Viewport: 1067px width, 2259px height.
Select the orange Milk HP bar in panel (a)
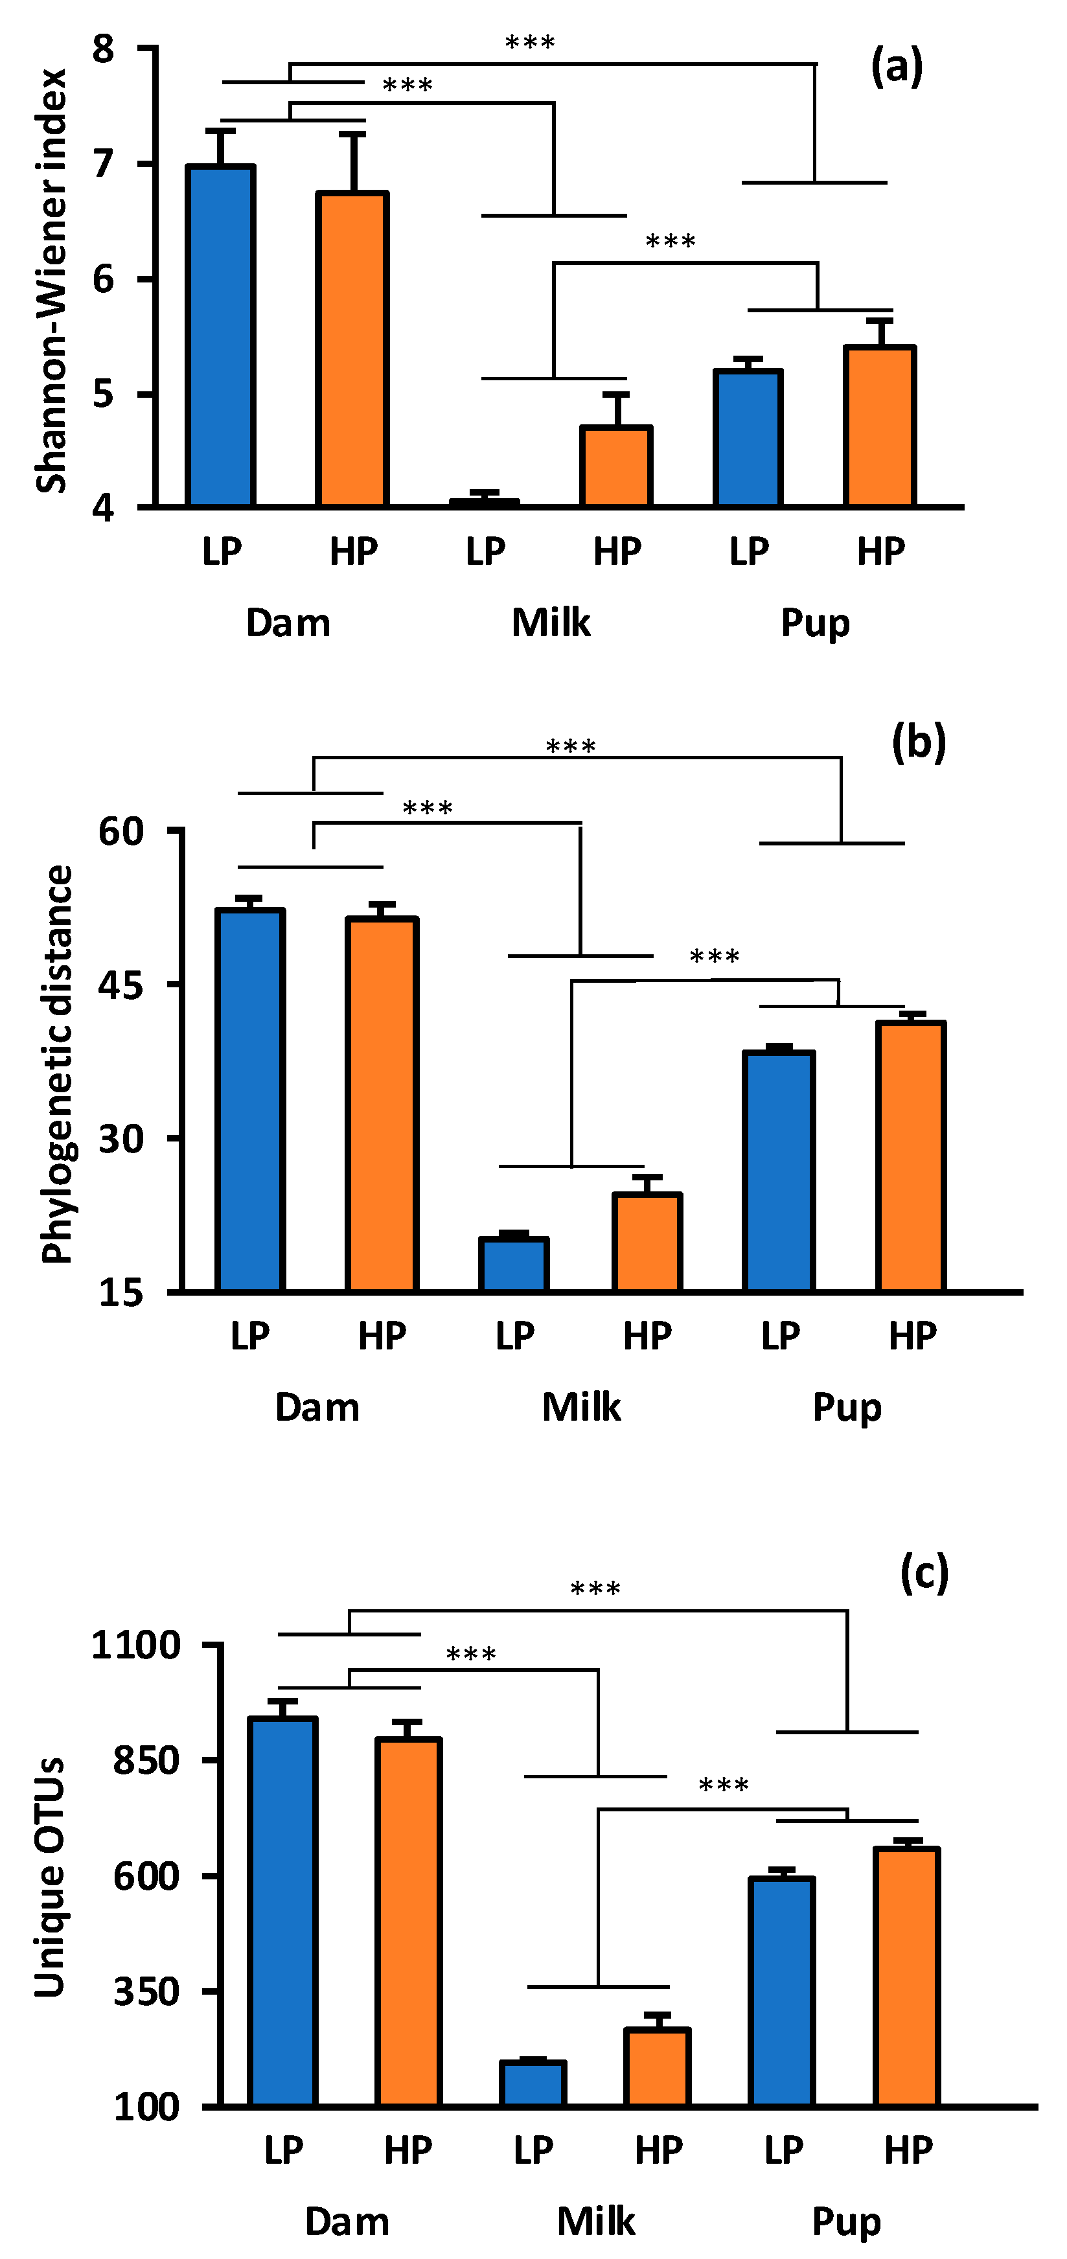tap(616, 466)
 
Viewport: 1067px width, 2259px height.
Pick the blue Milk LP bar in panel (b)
tap(514, 1265)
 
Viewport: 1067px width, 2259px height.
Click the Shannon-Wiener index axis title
tap(51, 281)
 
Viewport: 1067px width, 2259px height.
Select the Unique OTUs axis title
tap(50, 1877)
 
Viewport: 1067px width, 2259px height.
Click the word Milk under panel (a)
tap(551, 623)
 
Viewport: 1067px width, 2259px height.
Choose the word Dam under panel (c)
tap(347, 2221)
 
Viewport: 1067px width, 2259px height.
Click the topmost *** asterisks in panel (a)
tap(529, 42)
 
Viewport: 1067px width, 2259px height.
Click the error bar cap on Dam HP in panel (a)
tap(352, 134)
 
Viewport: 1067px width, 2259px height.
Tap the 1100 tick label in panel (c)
tap(136, 1645)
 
